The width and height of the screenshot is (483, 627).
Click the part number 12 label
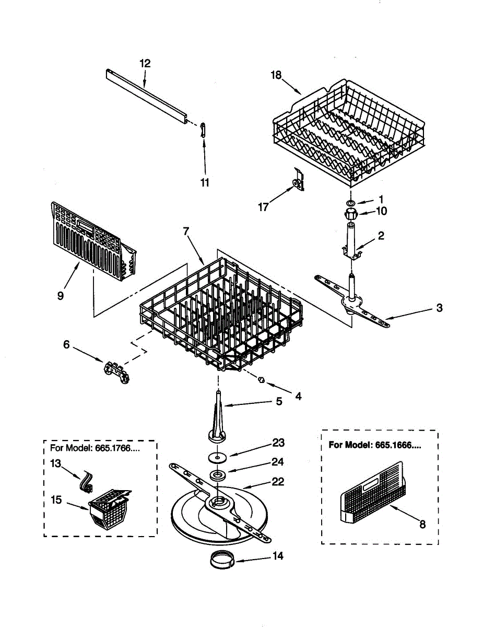(x=145, y=64)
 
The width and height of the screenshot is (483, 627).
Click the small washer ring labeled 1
(x=351, y=202)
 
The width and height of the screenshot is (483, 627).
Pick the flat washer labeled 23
(x=217, y=457)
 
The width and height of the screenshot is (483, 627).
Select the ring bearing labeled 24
(x=217, y=475)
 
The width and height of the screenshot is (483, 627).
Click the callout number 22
(x=278, y=482)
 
